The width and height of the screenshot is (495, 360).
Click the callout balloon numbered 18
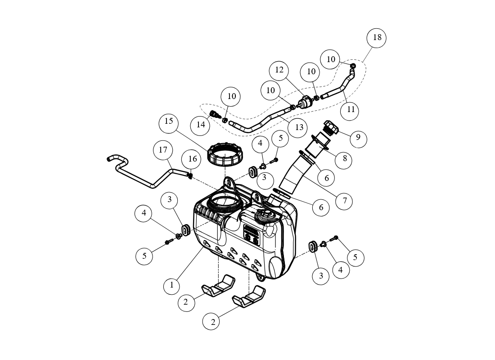377,38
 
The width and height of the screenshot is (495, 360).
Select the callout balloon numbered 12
279,70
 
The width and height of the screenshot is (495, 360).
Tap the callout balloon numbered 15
169,121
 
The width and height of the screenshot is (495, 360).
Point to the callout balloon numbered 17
163,150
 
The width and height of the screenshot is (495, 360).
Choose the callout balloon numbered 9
358,137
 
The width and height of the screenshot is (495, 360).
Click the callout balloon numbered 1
172,285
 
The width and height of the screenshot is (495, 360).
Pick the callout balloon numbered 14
200,125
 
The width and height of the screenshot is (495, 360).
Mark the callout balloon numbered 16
193,159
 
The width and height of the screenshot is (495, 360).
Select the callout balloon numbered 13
299,127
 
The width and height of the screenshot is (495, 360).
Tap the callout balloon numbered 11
351,110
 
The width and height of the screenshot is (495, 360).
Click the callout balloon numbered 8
345,158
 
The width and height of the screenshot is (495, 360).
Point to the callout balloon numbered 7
344,201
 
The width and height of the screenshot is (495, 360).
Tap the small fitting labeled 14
214,113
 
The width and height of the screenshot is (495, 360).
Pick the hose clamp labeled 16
190,175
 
